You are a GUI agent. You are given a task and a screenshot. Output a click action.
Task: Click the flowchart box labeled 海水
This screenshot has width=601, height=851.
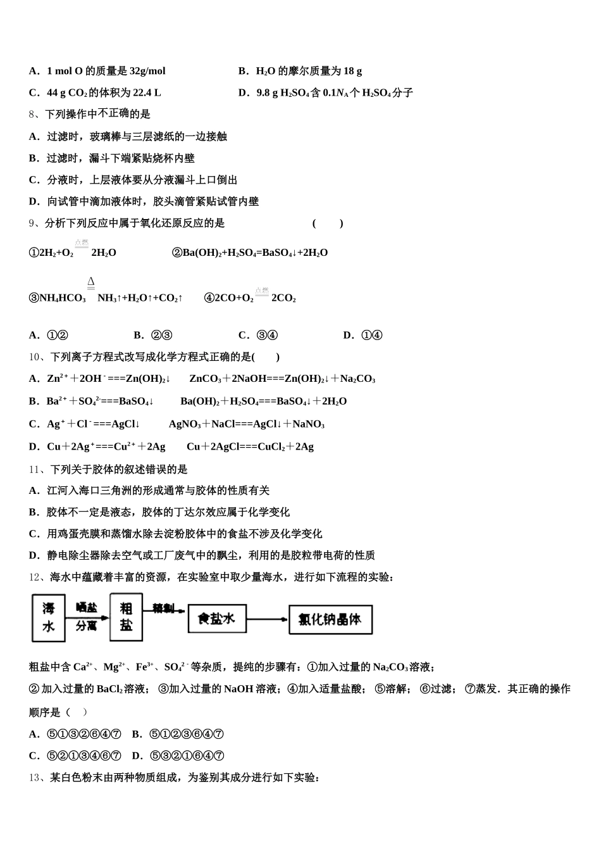(x=49, y=617)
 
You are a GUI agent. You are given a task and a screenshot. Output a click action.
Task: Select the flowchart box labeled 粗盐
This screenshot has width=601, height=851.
(x=126, y=617)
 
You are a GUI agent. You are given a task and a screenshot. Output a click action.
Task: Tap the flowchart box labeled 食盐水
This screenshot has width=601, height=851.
(x=216, y=618)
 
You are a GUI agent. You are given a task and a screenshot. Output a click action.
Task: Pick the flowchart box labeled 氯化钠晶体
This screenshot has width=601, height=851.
(x=330, y=619)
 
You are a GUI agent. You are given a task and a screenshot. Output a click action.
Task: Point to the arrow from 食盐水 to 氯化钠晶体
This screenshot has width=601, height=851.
(x=266, y=619)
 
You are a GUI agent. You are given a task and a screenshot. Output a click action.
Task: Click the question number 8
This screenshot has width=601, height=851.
(x=33, y=114)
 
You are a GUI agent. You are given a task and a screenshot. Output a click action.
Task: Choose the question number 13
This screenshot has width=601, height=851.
(x=35, y=777)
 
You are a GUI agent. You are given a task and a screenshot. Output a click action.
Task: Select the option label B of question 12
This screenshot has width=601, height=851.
(x=137, y=734)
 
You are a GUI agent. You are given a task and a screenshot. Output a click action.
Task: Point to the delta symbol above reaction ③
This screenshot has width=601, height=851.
(x=91, y=282)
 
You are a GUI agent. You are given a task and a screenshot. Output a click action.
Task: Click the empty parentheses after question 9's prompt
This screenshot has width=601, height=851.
(x=328, y=223)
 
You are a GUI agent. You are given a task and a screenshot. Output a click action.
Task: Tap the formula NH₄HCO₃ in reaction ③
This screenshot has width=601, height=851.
(x=63, y=298)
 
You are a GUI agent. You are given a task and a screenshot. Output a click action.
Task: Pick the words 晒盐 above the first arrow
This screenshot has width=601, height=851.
(x=87, y=607)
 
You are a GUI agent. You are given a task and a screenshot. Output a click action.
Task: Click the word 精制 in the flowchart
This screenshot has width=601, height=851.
(x=163, y=608)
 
